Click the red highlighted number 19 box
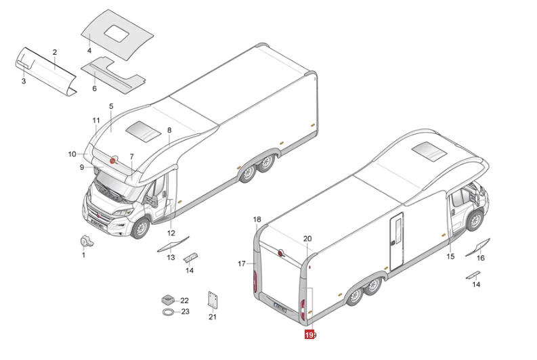(x=309, y=335)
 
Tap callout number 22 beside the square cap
(x=185, y=301)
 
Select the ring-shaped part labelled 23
(x=168, y=312)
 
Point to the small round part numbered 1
(x=85, y=242)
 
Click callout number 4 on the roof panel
(x=89, y=51)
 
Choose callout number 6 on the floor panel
(x=95, y=88)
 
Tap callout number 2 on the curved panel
(x=55, y=52)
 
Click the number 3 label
(x=24, y=81)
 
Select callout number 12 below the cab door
(x=171, y=233)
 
